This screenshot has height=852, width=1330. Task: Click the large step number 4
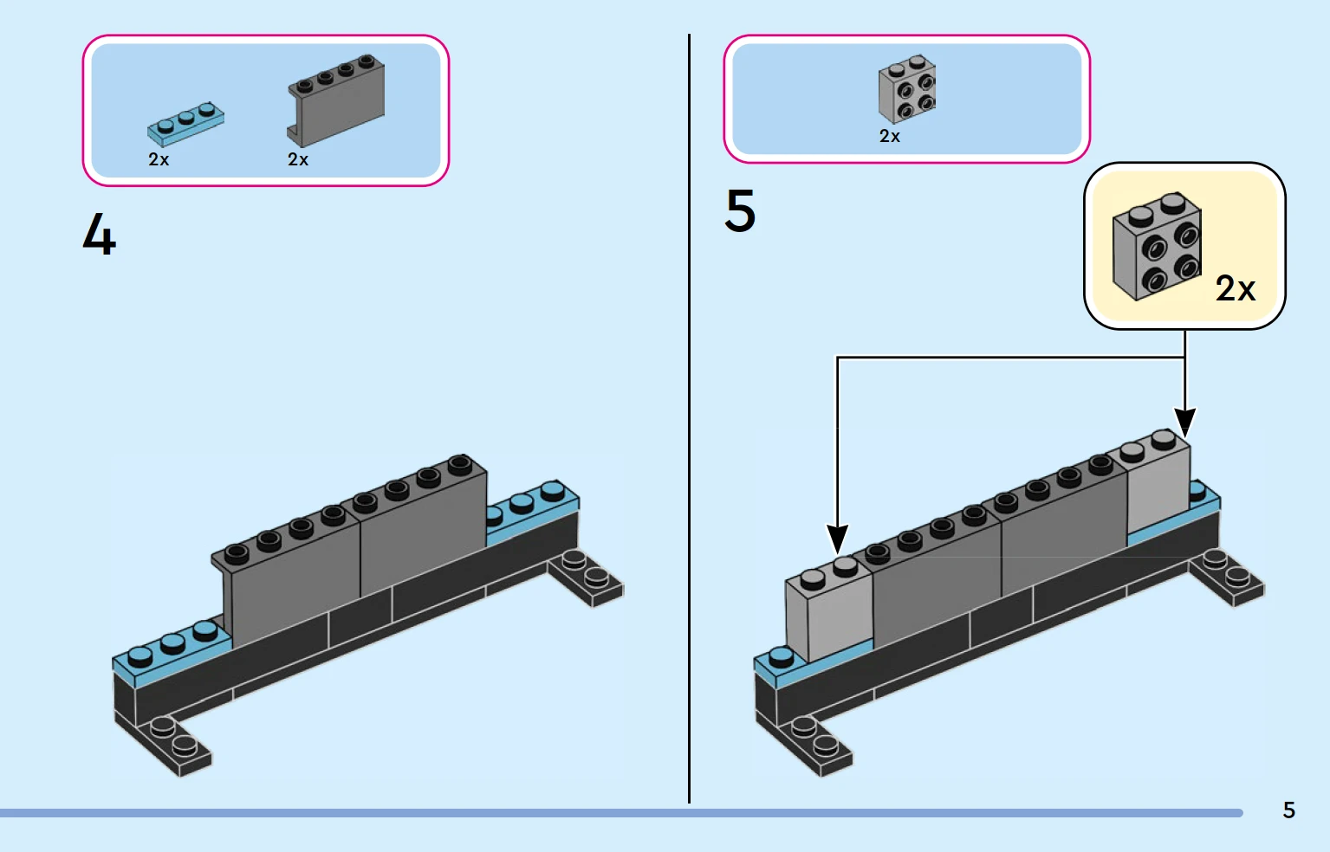(x=100, y=236)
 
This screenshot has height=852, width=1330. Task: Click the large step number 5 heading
(x=740, y=211)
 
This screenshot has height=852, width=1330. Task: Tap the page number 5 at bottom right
(x=1288, y=810)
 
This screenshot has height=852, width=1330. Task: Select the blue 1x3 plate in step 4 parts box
(x=185, y=124)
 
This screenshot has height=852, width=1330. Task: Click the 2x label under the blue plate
(x=159, y=160)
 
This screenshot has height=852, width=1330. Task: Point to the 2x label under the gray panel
(x=298, y=160)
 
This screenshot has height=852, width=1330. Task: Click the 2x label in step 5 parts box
(x=890, y=137)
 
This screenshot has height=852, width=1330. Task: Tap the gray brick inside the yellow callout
(x=1157, y=246)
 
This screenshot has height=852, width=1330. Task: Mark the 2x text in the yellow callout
(x=1236, y=289)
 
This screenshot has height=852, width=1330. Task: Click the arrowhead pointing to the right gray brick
(x=1185, y=423)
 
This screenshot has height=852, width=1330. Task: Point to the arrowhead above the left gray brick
(x=837, y=539)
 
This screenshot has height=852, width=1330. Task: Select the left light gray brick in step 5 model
(x=827, y=615)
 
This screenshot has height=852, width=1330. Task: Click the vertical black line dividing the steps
(x=690, y=416)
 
